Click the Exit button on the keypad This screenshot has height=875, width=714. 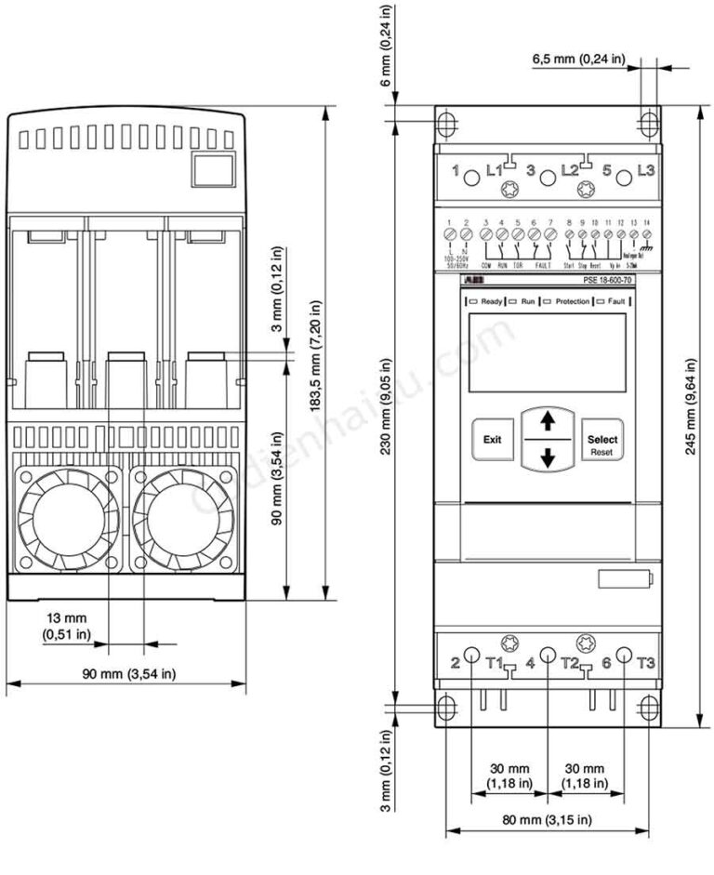pos(492,439)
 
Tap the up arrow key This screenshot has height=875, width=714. pos(547,421)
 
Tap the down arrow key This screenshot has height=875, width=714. pos(547,457)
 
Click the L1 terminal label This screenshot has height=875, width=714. pos(495,171)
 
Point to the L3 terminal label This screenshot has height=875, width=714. pos(645,171)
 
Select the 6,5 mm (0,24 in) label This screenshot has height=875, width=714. pos(578,60)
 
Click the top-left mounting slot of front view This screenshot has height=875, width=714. pos(446,124)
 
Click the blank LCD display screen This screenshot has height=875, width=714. pos(547,352)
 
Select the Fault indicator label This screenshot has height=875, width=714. pos(615,302)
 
